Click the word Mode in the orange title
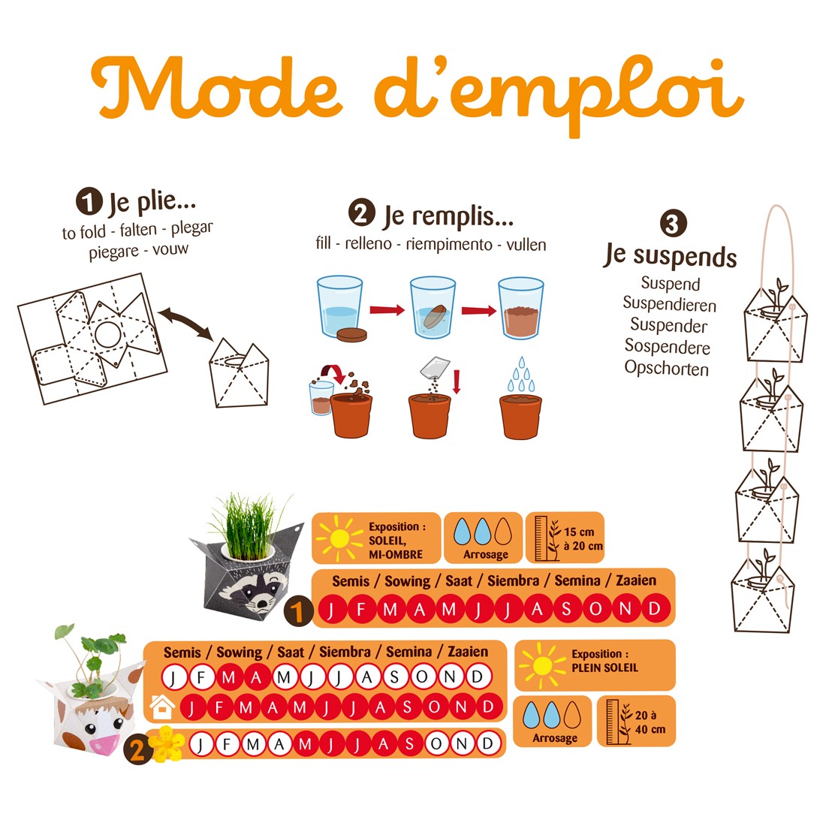click(x=217, y=88)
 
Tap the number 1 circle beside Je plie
click(x=89, y=202)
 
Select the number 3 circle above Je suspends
click(x=674, y=223)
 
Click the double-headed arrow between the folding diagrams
click(x=185, y=322)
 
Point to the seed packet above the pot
click(x=435, y=368)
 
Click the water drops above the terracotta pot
click(x=521, y=375)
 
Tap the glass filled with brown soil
click(x=521, y=308)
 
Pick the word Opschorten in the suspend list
click(x=666, y=368)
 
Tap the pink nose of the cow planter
click(x=105, y=744)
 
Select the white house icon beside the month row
click(x=162, y=707)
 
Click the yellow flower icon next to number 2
click(x=167, y=744)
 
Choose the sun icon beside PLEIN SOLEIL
click(x=541, y=665)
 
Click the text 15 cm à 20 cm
click(x=583, y=539)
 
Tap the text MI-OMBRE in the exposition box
click(x=396, y=555)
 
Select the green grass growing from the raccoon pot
click(x=249, y=527)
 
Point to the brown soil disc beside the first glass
click(x=351, y=334)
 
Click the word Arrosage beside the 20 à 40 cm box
click(x=555, y=738)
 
